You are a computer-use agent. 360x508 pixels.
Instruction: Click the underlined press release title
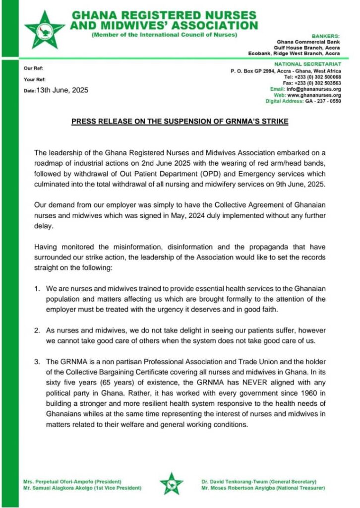180,121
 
